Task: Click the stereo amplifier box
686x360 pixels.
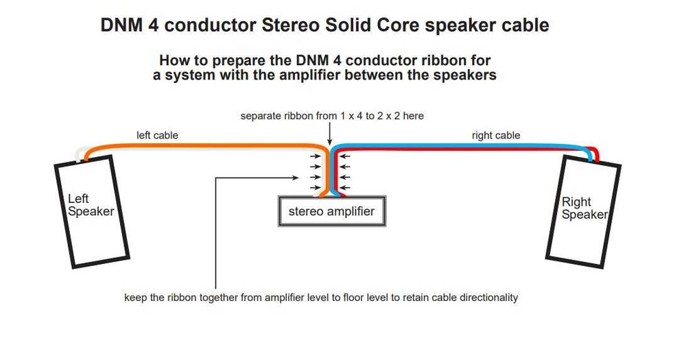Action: click(x=331, y=211)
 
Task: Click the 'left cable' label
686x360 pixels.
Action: click(x=157, y=135)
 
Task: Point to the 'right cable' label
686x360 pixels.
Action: click(x=495, y=135)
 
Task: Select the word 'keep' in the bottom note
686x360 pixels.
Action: click(x=134, y=298)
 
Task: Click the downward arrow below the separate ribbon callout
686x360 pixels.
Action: click(x=330, y=134)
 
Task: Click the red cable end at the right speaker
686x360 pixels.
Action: click(x=597, y=155)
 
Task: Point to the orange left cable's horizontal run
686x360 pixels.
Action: click(x=206, y=145)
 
